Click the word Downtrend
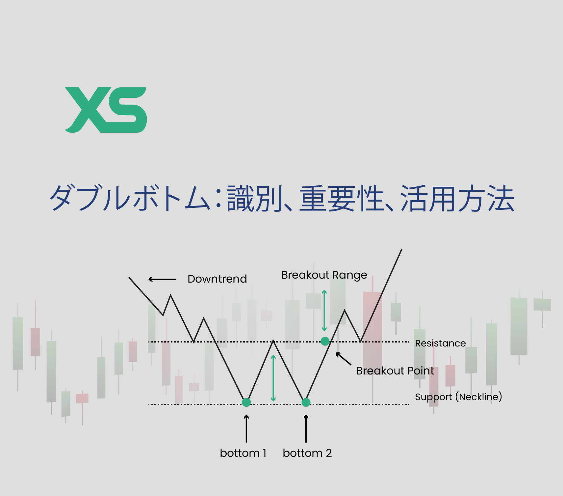click(x=217, y=279)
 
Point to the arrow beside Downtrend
click(x=163, y=279)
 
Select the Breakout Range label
click(x=324, y=275)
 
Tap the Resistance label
click(x=440, y=343)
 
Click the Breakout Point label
click(x=395, y=371)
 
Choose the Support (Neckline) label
click(x=458, y=397)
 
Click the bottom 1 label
click(x=243, y=453)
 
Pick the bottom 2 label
click(x=307, y=453)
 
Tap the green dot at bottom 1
click(x=246, y=402)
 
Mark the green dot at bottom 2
click(x=306, y=402)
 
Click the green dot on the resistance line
click(x=325, y=341)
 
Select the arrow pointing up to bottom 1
click(x=246, y=428)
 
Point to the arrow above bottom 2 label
click(x=306, y=428)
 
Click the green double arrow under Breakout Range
click(x=324, y=310)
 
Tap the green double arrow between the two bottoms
click(x=273, y=378)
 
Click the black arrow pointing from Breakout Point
click(x=343, y=359)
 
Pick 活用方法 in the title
click(x=457, y=199)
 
